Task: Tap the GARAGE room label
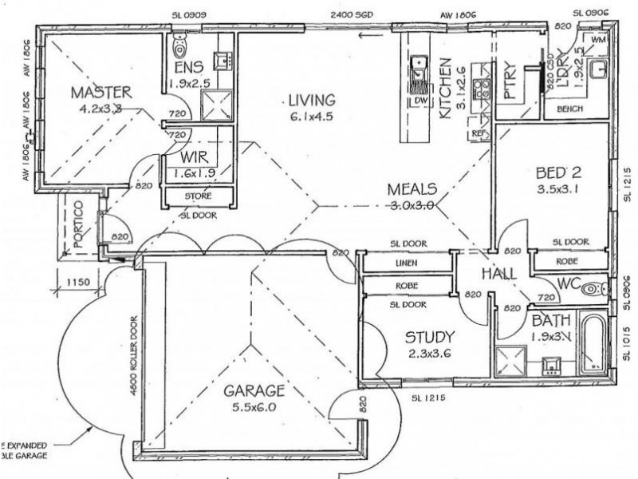point(254,390)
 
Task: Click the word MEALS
point(412,189)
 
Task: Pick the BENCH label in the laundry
point(569,109)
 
